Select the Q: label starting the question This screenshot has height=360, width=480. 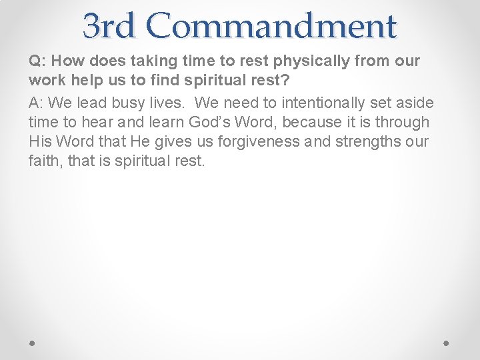point(37,61)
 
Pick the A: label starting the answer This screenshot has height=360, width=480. point(37,103)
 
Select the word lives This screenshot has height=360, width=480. point(167,103)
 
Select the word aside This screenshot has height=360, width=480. point(416,103)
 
